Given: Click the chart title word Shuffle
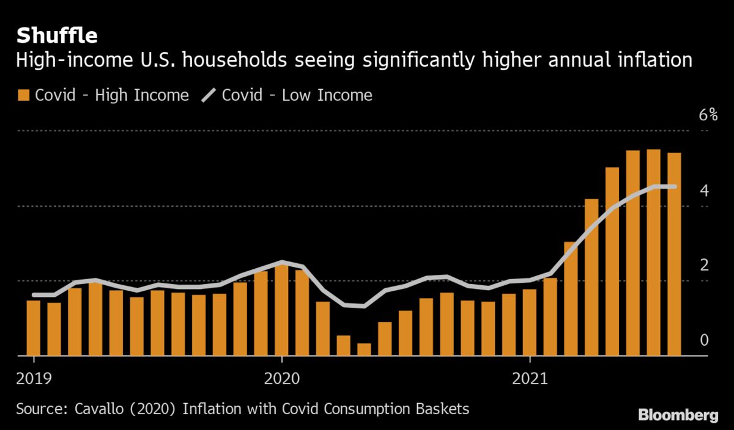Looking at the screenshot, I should (57, 36).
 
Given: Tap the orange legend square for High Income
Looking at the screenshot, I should (24, 95).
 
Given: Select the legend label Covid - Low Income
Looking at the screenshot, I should (297, 95).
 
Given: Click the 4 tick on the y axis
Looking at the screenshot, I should (704, 191).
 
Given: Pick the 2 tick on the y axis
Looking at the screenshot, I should (704, 265).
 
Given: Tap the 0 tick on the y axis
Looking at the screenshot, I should (704, 340).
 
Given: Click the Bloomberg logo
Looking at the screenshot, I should (678, 415).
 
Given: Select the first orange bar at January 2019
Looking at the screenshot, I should (33, 327).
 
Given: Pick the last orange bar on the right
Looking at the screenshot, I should (674, 253).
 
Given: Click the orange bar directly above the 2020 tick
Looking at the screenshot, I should (281, 309).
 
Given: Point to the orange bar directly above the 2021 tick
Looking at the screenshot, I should (530, 322).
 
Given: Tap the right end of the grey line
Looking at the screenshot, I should (674, 186).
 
